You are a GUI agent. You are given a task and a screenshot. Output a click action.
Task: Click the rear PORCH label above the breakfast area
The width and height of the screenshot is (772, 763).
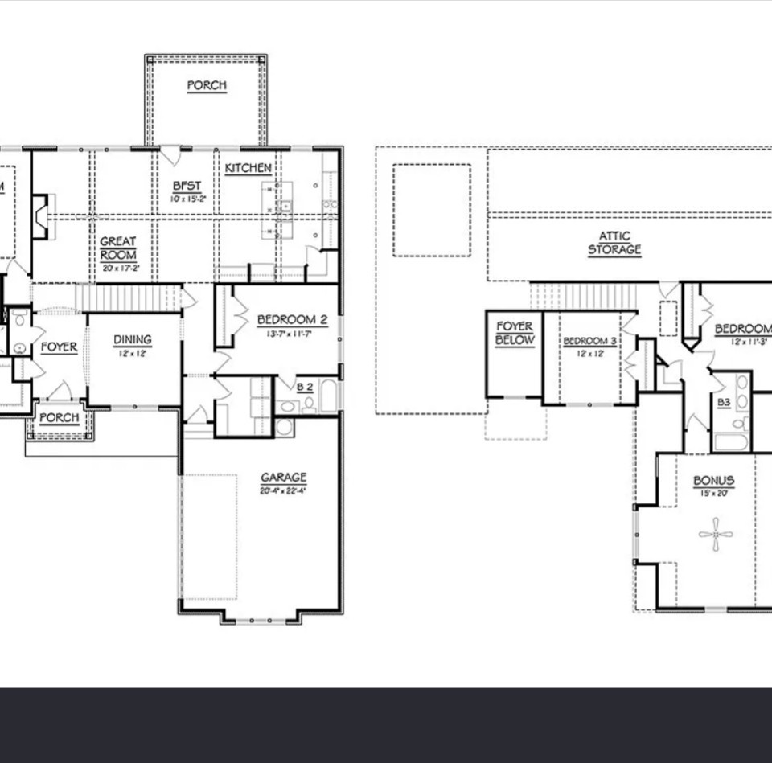tap(207, 85)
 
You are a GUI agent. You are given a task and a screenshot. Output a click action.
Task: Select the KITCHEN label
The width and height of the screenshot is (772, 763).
tap(248, 168)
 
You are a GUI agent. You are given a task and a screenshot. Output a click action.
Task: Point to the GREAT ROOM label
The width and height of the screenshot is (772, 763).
tap(118, 248)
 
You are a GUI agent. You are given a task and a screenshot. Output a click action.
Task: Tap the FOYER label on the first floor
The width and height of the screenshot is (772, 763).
tap(59, 347)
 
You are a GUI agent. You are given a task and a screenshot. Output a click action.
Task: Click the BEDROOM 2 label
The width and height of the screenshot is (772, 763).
tap(292, 320)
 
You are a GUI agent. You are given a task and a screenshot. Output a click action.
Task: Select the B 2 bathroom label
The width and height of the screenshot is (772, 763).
tap(305, 387)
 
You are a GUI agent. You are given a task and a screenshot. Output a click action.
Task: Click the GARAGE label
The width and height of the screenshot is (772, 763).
tap(283, 478)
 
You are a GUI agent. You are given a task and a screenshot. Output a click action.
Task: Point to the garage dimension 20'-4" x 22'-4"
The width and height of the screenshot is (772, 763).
tap(283, 490)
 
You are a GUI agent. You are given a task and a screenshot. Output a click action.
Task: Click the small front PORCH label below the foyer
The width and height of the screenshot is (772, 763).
tap(60, 418)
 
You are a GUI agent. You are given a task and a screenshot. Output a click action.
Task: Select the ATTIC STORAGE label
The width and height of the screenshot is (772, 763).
tap(614, 243)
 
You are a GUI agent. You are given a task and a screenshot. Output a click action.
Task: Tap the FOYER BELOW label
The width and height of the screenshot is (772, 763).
tap(514, 333)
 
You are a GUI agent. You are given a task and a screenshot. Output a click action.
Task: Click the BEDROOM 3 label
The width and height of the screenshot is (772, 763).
tap(589, 341)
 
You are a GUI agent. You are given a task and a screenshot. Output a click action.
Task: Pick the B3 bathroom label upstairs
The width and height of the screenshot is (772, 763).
tap(724, 402)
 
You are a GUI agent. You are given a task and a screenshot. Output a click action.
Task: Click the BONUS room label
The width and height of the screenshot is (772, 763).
tap(713, 481)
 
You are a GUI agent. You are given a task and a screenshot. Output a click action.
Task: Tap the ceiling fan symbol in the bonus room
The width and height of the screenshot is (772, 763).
tap(715, 534)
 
